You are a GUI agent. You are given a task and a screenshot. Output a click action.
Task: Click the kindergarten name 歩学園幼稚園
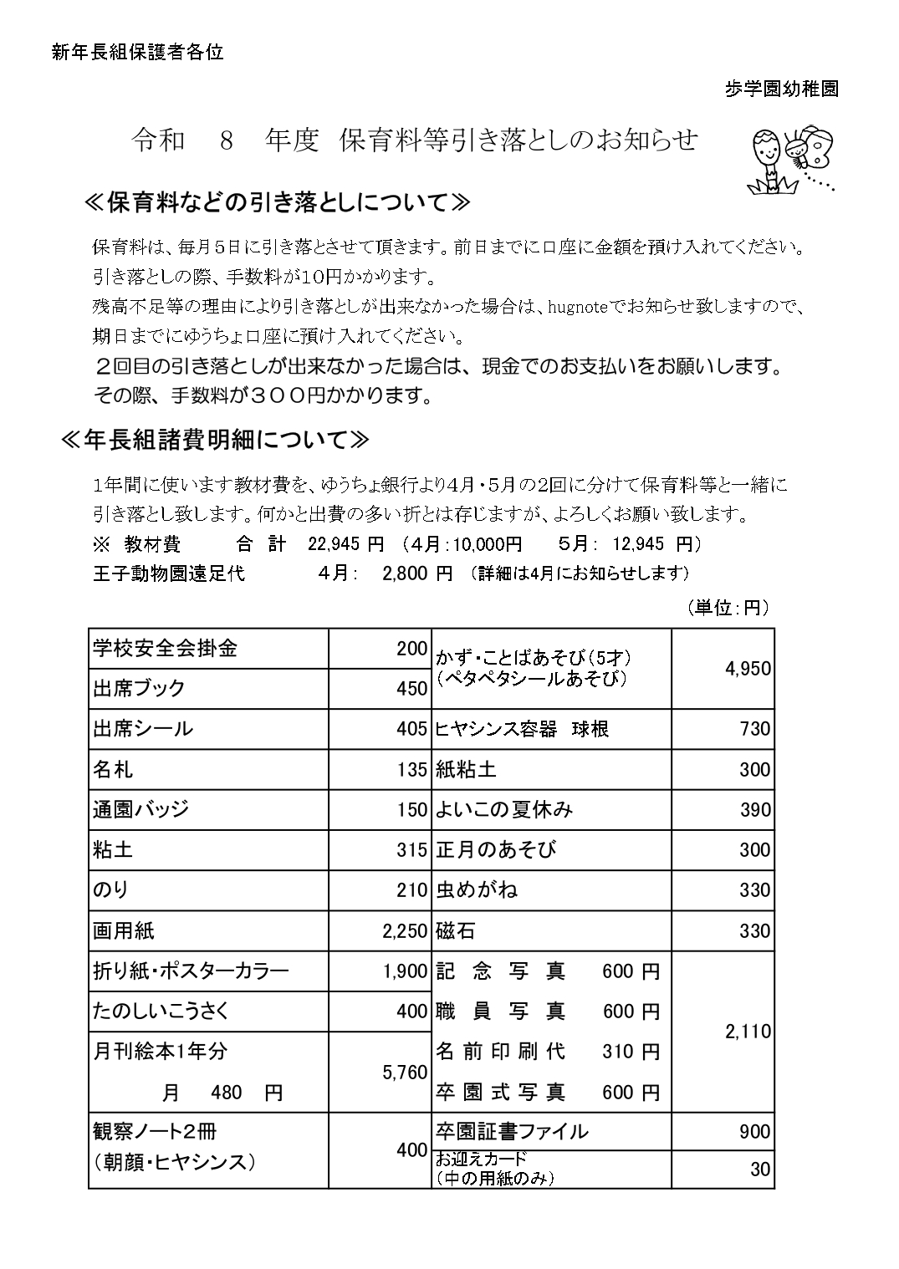[x=782, y=89]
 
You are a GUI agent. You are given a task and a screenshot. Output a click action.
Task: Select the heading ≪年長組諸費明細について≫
[x=215, y=440]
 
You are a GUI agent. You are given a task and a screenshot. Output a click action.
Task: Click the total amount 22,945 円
[x=345, y=544]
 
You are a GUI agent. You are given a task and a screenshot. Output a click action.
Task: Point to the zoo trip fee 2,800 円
[x=416, y=573]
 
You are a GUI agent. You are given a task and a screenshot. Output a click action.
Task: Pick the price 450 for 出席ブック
[x=411, y=689]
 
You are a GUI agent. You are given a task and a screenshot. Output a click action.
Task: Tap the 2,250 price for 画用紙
[x=405, y=931]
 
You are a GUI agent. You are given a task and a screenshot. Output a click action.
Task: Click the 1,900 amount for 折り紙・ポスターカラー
[x=405, y=971]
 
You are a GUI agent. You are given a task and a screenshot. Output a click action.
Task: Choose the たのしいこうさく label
[x=161, y=1012]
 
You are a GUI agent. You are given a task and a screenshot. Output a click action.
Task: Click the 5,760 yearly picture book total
[x=405, y=1073]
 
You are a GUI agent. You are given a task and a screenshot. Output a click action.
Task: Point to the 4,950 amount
[x=748, y=669]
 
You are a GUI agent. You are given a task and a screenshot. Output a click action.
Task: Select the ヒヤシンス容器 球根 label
[x=522, y=729]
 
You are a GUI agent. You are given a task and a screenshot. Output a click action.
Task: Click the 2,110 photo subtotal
[x=748, y=1032]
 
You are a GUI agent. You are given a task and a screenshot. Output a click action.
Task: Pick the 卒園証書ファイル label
[x=511, y=1132]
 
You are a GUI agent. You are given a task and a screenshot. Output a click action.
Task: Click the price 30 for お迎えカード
[x=759, y=1170]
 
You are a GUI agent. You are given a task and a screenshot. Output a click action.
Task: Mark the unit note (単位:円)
[x=728, y=608]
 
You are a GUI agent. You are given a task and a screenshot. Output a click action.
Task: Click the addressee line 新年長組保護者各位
[x=137, y=53]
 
